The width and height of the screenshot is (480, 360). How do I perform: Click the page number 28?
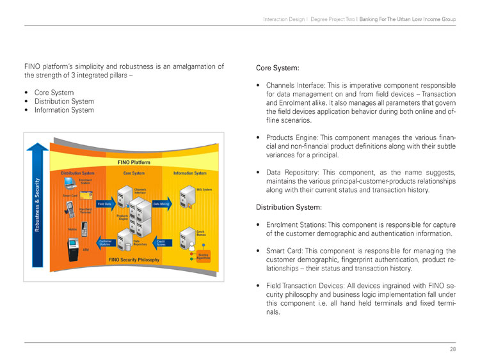[x=452, y=349]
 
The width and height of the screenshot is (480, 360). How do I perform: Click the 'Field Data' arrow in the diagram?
[x=106, y=203]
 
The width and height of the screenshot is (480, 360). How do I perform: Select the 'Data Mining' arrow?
[x=161, y=203]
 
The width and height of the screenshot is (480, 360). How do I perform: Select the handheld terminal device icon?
[x=70, y=208]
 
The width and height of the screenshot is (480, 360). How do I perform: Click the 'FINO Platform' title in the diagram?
[x=134, y=163]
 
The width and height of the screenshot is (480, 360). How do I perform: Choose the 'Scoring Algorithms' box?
[x=203, y=255]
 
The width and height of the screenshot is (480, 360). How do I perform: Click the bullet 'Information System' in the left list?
[x=64, y=110]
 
